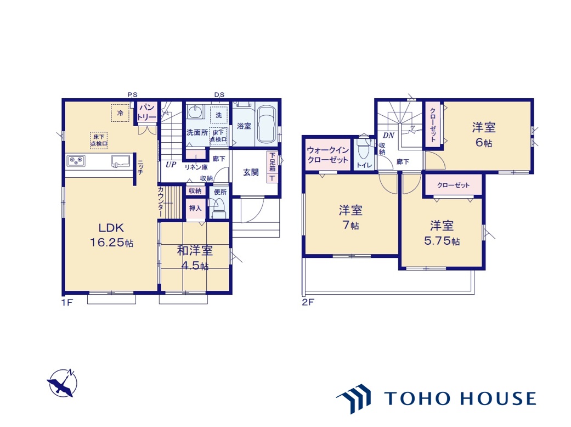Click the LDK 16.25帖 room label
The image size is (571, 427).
[x=111, y=235]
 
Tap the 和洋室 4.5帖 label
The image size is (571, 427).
[x=195, y=258]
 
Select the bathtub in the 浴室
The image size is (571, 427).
[x=267, y=125]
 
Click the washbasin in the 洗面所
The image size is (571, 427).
[x=196, y=112]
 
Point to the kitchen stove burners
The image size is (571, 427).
[x=76, y=161]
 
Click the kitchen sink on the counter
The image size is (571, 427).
[x=120, y=161]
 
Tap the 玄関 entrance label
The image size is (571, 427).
[x=251, y=172]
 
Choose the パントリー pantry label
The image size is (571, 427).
[x=147, y=112]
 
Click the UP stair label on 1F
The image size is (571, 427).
[x=171, y=164]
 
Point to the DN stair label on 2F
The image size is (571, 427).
[x=388, y=135]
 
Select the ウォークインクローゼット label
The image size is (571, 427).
[x=328, y=155]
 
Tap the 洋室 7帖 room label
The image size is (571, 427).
[x=350, y=217]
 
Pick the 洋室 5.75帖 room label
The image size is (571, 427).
[x=442, y=233]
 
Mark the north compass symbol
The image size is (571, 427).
[x=62, y=383]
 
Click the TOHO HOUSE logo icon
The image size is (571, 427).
[x=353, y=398]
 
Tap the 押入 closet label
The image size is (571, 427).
[x=195, y=209]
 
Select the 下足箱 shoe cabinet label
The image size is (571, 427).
[x=273, y=162]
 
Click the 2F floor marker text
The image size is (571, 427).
[x=308, y=302]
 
